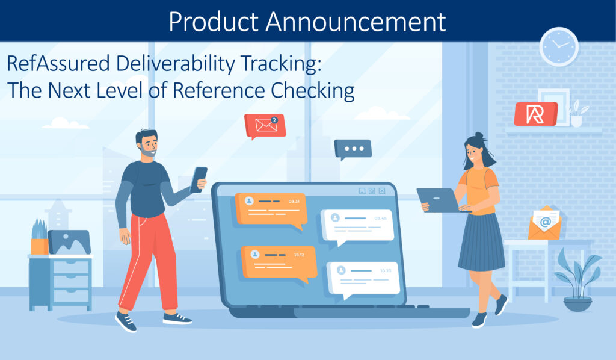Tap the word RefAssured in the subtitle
click(x=58, y=64)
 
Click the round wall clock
click(x=559, y=47)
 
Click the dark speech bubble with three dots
click(x=353, y=149)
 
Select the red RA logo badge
click(x=536, y=114)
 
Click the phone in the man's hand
click(x=199, y=179)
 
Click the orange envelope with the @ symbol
click(x=544, y=223)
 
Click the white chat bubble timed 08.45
click(x=357, y=227)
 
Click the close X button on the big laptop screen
click(x=382, y=191)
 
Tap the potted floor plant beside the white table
click(x=577, y=280)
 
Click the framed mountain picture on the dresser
click(x=69, y=242)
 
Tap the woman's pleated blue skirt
click(x=481, y=242)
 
